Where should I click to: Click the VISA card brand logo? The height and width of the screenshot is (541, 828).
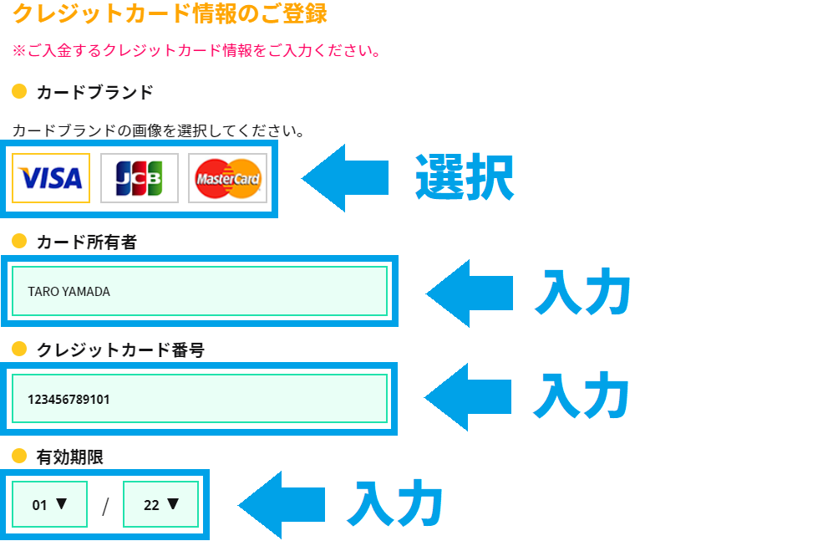click(51, 178)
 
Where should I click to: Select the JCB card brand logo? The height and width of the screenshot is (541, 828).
click(140, 178)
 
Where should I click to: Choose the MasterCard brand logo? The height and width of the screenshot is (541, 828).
click(227, 178)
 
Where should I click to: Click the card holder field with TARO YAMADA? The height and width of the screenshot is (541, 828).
click(200, 291)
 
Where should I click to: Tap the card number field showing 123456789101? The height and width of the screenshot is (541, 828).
click(200, 399)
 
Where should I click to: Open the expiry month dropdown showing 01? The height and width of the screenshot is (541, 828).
click(49, 504)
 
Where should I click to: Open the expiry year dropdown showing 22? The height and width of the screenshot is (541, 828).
click(160, 504)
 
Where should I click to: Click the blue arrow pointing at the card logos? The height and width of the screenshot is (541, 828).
click(345, 178)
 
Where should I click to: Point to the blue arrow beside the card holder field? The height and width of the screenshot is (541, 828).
click(469, 293)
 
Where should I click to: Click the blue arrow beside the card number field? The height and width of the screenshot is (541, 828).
click(467, 397)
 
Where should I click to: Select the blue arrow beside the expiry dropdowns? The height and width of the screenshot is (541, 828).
click(282, 505)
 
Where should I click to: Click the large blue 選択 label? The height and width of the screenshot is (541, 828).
click(465, 177)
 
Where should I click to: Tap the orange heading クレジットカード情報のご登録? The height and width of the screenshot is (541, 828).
click(170, 13)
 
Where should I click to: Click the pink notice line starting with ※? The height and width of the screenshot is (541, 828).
click(196, 51)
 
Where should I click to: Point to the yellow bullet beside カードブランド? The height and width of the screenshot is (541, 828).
click(19, 91)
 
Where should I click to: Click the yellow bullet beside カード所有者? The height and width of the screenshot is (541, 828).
click(19, 241)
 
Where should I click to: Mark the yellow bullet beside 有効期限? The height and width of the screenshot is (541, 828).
click(19, 456)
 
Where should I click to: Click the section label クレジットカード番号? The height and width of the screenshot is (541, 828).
click(120, 350)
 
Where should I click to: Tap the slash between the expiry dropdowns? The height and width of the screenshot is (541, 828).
click(105, 506)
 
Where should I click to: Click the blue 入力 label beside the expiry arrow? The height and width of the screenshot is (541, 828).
click(395, 503)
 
